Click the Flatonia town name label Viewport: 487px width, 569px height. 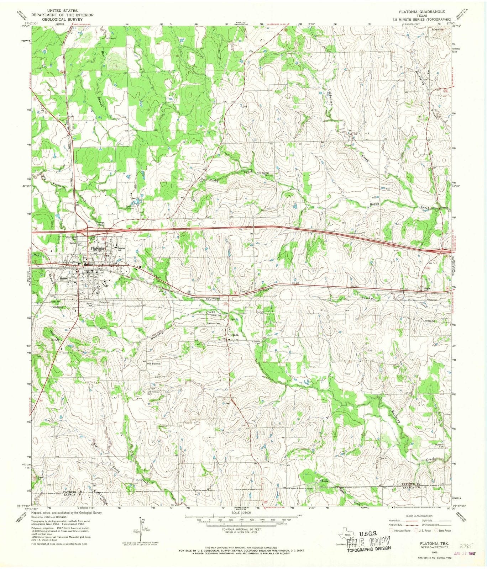[x=97, y=249]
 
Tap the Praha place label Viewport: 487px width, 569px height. [x=234, y=335]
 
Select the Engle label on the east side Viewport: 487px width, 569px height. [x=426, y=289]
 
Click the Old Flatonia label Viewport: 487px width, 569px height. [x=154, y=364]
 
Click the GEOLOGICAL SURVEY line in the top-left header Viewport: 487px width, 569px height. [x=62, y=20]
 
